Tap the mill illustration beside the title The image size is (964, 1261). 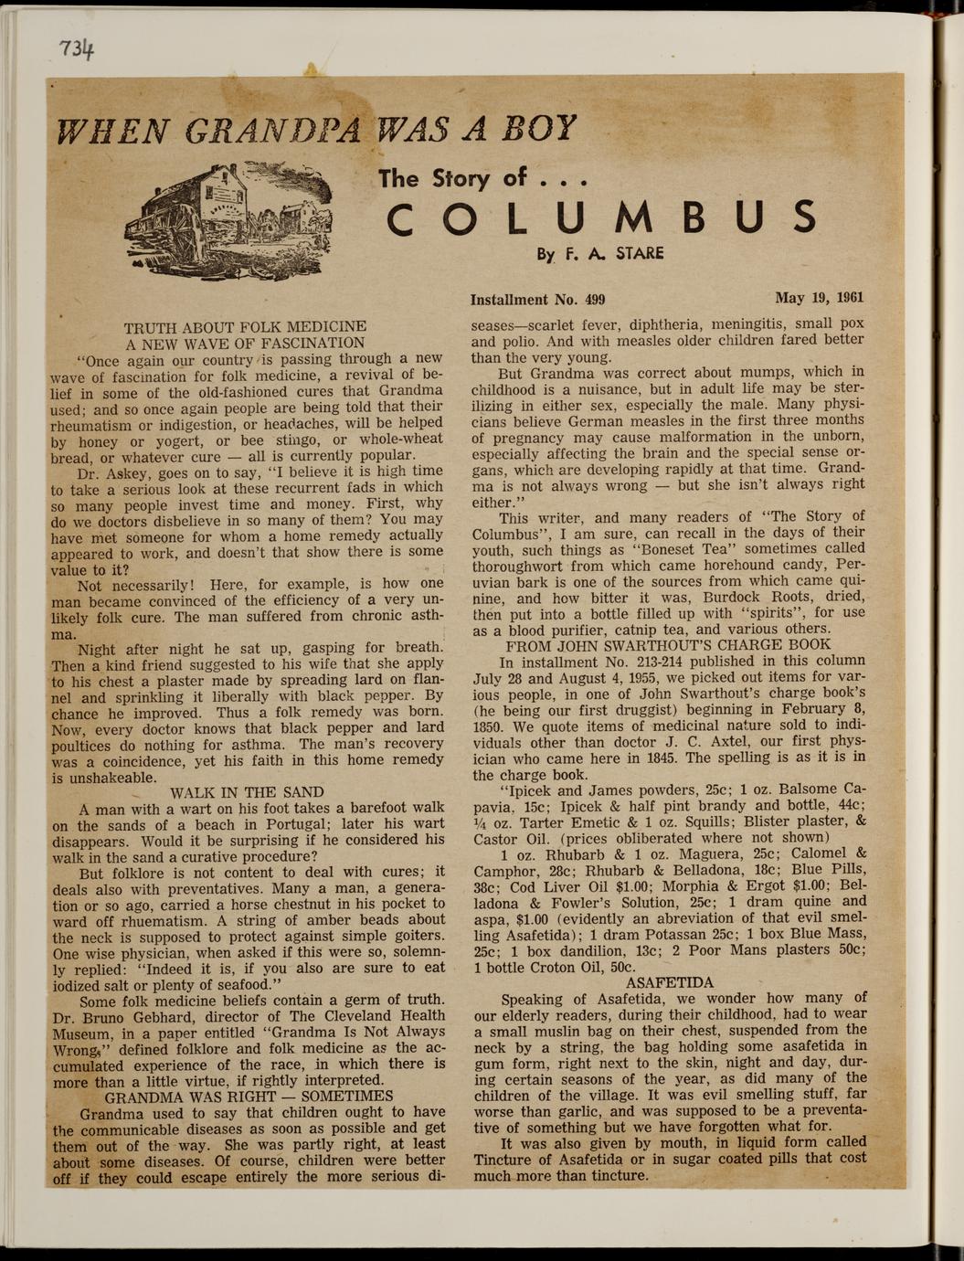[228, 216]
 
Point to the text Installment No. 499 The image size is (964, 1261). [537, 300]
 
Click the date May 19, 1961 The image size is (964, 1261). [819, 298]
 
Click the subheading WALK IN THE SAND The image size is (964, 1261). [247, 791]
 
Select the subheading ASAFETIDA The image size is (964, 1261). [670, 982]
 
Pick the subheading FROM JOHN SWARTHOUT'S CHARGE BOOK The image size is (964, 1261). [668, 644]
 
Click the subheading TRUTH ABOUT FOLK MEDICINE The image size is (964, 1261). [245, 326]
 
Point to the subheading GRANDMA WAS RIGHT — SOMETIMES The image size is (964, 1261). [249, 1096]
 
